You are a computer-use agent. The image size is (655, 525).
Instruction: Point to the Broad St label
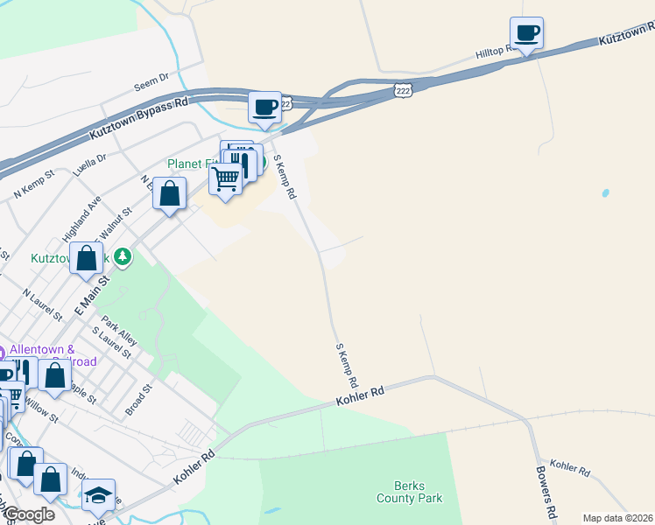(138, 398)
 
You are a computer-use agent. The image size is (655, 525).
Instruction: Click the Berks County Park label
(409, 492)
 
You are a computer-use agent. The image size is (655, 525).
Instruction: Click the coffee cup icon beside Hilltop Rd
(526, 33)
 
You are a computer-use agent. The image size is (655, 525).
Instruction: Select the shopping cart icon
(226, 179)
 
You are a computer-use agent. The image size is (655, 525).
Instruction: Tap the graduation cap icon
(99, 495)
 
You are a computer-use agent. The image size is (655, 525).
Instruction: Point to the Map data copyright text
(616, 518)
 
